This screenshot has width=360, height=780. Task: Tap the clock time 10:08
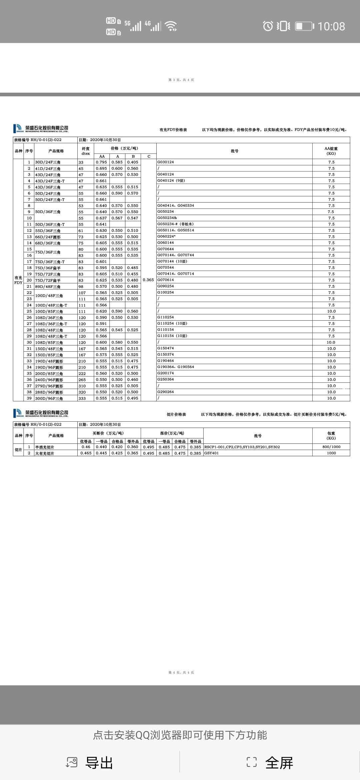(x=331, y=26)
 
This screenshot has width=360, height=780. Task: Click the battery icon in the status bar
(x=304, y=26)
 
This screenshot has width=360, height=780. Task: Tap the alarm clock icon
(x=268, y=26)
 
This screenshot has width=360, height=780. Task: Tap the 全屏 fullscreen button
(x=270, y=763)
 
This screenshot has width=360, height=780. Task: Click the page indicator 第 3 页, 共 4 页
(x=181, y=80)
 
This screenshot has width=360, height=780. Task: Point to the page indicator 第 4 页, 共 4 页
(x=181, y=672)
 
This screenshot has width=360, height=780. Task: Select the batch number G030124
(x=166, y=162)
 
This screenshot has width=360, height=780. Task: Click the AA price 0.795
(x=101, y=162)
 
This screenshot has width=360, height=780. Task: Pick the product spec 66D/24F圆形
(x=48, y=237)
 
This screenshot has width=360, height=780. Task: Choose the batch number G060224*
(x=166, y=236)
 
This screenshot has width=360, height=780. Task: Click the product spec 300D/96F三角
(x=49, y=398)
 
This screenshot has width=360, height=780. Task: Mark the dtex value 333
(x=82, y=398)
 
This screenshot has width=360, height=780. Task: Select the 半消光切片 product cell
(x=45, y=447)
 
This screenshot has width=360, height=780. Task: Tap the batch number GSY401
(x=211, y=453)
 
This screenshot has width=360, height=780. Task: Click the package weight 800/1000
(x=331, y=447)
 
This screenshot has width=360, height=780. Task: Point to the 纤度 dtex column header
(x=86, y=151)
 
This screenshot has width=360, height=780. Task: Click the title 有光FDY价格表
(x=173, y=130)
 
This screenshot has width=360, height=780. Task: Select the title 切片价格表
(x=176, y=414)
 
